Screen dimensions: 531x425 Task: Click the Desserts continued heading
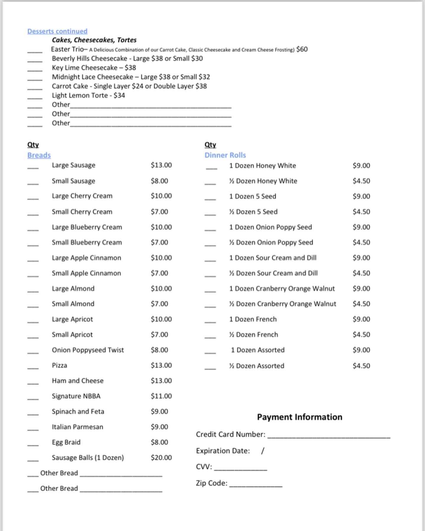pyautogui.click(x=57, y=31)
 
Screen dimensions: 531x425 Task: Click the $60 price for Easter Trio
pyautogui.click(x=302, y=49)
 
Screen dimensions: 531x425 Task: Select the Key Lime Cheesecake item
pyautogui.click(x=94, y=68)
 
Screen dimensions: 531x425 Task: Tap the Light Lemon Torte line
pyautogui.click(x=88, y=96)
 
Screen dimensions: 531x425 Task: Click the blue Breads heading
pyautogui.click(x=39, y=155)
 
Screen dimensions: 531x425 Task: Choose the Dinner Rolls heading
pyautogui.click(x=225, y=155)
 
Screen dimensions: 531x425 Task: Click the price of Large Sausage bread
pyautogui.click(x=161, y=165)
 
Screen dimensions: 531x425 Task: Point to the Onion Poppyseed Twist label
pyautogui.click(x=88, y=350)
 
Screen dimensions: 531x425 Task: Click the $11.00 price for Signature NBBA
pyautogui.click(x=161, y=396)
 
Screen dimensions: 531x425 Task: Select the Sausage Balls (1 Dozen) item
pyautogui.click(x=88, y=458)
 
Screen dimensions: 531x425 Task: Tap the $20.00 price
pyautogui.click(x=161, y=458)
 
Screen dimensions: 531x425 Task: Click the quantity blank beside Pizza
pyautogui.click(x=33, y=368)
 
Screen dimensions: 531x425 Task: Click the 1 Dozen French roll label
pyautogui.click(x=253, y=319)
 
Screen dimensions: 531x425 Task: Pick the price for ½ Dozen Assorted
pyautogui.click(x=361, y=366)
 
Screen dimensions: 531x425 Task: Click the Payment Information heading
pyautogui.click(x=300, y=417)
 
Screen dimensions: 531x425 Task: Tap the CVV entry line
pyautogui.click(x=241, y=469)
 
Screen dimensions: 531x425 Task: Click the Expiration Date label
pyautogui.click(x=223, y=451)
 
